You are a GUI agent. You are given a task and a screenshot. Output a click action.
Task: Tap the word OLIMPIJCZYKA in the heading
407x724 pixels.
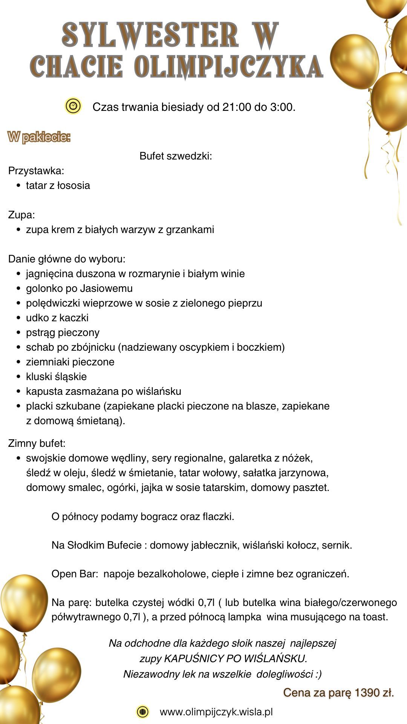(228, 66)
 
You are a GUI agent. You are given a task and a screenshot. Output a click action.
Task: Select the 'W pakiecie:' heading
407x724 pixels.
(39, 137)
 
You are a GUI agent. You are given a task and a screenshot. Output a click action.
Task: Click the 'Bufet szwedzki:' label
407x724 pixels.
(176, 156)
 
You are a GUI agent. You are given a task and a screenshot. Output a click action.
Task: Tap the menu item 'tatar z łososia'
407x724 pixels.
(58, 186)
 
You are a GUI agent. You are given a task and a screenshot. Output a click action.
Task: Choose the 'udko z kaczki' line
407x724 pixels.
(57, 318)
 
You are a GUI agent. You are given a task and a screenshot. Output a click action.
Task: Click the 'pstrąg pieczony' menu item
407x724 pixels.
(63, 333)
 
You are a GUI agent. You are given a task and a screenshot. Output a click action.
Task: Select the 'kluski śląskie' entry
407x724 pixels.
(56, 377)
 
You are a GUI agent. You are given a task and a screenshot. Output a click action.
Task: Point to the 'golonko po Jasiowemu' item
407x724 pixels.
(79, 288)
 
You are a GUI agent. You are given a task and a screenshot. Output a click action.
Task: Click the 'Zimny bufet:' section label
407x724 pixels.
(37, 443)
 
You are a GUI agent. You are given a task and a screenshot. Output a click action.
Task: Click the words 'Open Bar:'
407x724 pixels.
(75, 574)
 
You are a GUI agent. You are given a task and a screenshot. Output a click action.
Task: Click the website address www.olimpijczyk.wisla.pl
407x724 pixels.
(216, 712)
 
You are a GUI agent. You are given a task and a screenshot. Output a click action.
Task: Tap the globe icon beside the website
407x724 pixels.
(142, 712)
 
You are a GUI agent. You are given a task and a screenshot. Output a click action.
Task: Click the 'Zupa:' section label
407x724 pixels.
(21, 215)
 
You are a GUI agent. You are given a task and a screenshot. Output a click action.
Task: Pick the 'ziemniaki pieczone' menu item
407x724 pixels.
(70, 362)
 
